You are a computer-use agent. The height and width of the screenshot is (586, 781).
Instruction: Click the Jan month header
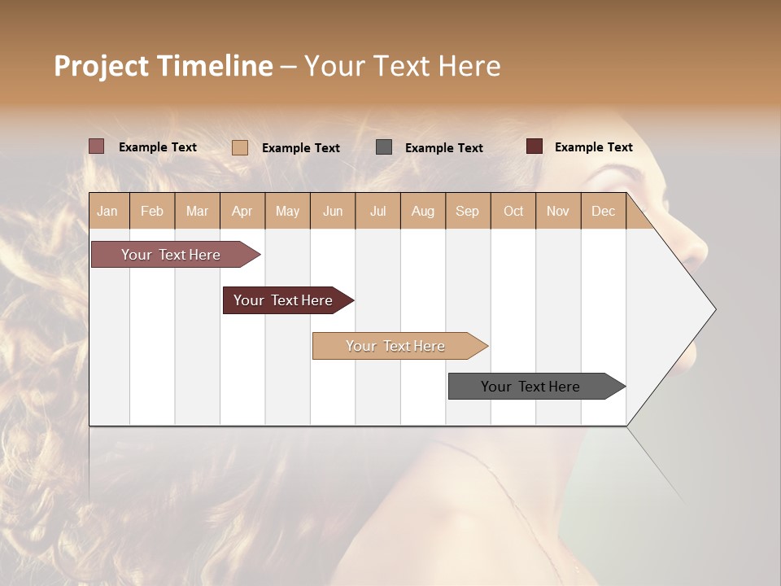point(108,211)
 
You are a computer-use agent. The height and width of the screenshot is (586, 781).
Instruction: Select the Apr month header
point(242,211)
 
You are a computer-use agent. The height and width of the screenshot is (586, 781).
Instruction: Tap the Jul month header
point(378,211)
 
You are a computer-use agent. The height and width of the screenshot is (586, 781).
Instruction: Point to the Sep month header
point(468,211)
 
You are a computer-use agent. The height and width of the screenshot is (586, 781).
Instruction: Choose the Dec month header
point(604,211)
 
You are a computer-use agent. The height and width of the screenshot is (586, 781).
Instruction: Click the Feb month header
point(152,211)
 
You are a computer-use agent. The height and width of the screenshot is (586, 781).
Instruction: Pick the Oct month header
point(513,211)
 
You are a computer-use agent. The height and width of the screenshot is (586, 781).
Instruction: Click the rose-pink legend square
point(97,146)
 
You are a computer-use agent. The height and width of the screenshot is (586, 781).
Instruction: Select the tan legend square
point(240,147)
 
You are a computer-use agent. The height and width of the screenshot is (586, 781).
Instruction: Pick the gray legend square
point(384,147)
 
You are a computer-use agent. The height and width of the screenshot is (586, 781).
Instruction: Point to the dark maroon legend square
point(534,146)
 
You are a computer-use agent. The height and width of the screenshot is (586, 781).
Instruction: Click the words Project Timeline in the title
point(164,66)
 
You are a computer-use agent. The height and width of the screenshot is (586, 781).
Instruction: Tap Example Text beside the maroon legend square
point(593,147)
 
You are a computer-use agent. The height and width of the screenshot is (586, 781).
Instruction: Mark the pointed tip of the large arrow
point(714,309)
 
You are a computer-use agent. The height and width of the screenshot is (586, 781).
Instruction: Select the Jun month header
point(333,211)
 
